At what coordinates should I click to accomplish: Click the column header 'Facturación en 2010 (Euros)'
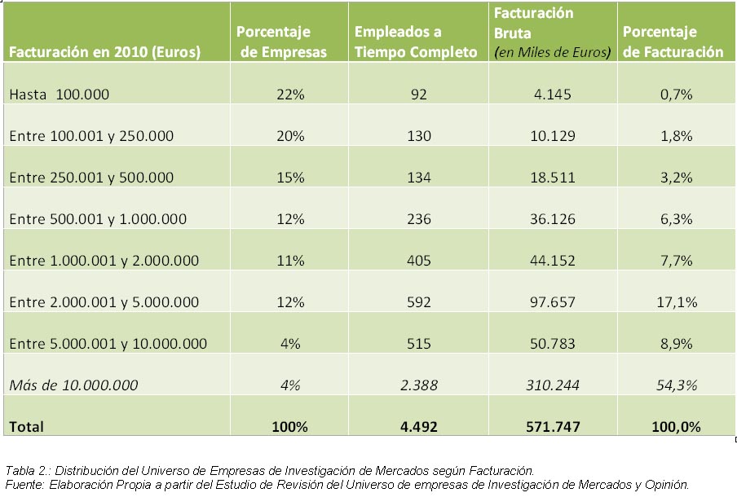point(105,51)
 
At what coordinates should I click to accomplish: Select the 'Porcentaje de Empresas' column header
point(281,42)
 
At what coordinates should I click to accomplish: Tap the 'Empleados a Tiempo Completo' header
point(416,42)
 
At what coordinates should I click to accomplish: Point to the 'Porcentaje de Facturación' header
point(673,42)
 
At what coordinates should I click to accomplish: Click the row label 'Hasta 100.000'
point(60,95)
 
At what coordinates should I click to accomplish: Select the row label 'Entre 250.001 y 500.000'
point(91,178)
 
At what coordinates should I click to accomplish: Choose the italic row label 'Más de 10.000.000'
point(73,385)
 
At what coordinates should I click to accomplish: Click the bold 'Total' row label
point(26,427)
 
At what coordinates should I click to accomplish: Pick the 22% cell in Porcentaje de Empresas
point(290,95)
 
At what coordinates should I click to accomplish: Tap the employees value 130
point(419,136)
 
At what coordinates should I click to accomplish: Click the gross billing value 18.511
point(553,178)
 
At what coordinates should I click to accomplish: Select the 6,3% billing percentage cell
point(677,219)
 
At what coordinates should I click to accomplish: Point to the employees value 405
point(419,261)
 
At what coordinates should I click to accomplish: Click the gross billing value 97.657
point(553,302)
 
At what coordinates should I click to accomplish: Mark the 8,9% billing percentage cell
point(677,344)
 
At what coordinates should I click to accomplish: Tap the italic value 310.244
point(553,385)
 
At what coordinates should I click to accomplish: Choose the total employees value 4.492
point(419,427)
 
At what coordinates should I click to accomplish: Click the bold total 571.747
point(553,427)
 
